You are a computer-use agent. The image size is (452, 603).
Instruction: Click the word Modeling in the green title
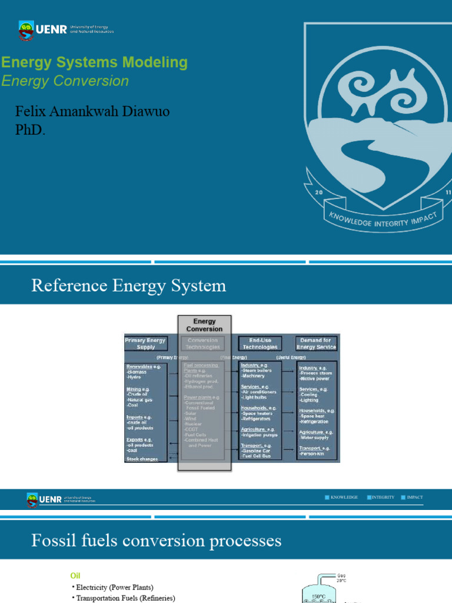click(x=160, y=62)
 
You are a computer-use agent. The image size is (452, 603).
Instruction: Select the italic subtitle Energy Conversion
click(x=65, y=81)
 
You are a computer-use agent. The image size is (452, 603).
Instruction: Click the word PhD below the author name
click(x=29, y=130)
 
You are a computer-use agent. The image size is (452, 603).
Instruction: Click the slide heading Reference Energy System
click(x=128, y=286)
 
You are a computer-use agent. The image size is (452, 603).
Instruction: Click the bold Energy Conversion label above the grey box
click(x=204, y=325)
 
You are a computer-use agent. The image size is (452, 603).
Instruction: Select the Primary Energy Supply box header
click(x=145, y=344)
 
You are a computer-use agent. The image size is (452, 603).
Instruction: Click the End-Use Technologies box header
click(x=258, y=344)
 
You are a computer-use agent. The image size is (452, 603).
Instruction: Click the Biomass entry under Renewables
click(x=138, y=372)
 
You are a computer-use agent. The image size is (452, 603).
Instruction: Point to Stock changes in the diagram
click(x=142, y=459)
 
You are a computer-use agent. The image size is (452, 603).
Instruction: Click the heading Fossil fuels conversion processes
click(x=156, y=541)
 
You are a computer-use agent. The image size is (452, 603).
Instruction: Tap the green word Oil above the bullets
click(x=75, y=575)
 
